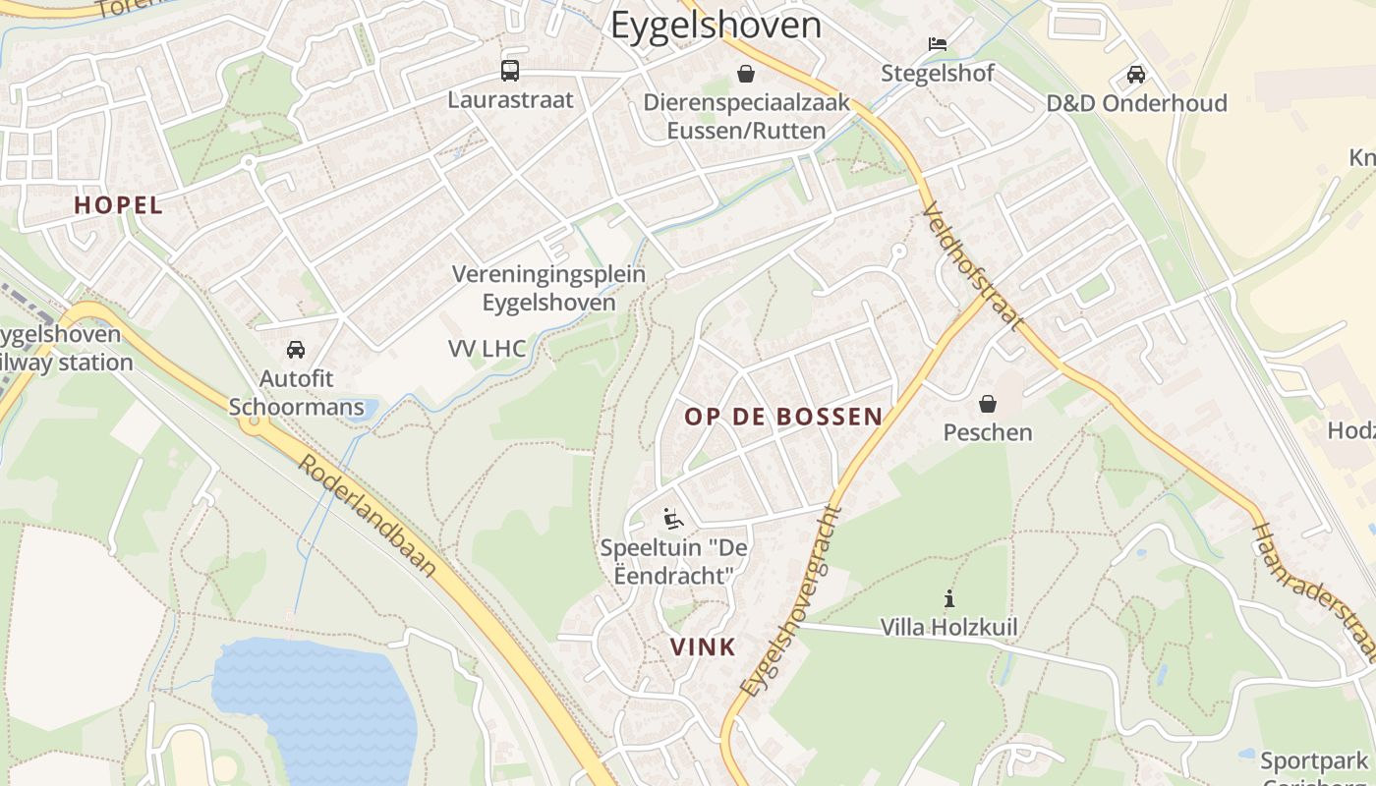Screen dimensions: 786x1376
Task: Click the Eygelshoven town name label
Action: (x=716, y=25)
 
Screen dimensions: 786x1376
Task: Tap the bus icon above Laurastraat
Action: (x=510, y=71)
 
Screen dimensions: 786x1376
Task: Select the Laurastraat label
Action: (x=510, y=99)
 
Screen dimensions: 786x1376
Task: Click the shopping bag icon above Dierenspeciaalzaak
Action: (x=746, y=74)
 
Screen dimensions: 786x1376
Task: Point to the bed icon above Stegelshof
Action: (x=937, y=44)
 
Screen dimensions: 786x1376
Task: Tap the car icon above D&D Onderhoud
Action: (x=1136, y=75)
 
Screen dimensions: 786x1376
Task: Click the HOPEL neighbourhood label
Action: (x=118, y=205)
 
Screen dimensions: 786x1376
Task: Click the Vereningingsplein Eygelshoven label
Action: (x=548, y=288)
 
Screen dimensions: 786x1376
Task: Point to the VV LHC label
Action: (x=487, y=348)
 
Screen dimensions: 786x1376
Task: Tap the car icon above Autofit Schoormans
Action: (x=296, y=350)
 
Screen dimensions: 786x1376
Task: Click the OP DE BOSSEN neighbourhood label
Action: (x=783, y=417)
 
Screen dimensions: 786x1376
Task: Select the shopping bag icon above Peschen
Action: (x=988, y=404)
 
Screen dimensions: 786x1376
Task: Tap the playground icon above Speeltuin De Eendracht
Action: (x=673, y=518)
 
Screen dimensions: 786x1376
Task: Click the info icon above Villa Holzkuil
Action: (x=948, y=597)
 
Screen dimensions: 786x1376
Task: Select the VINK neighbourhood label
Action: (x=703, y=646)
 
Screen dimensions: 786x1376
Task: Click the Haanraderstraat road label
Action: (x=1312, y=591)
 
